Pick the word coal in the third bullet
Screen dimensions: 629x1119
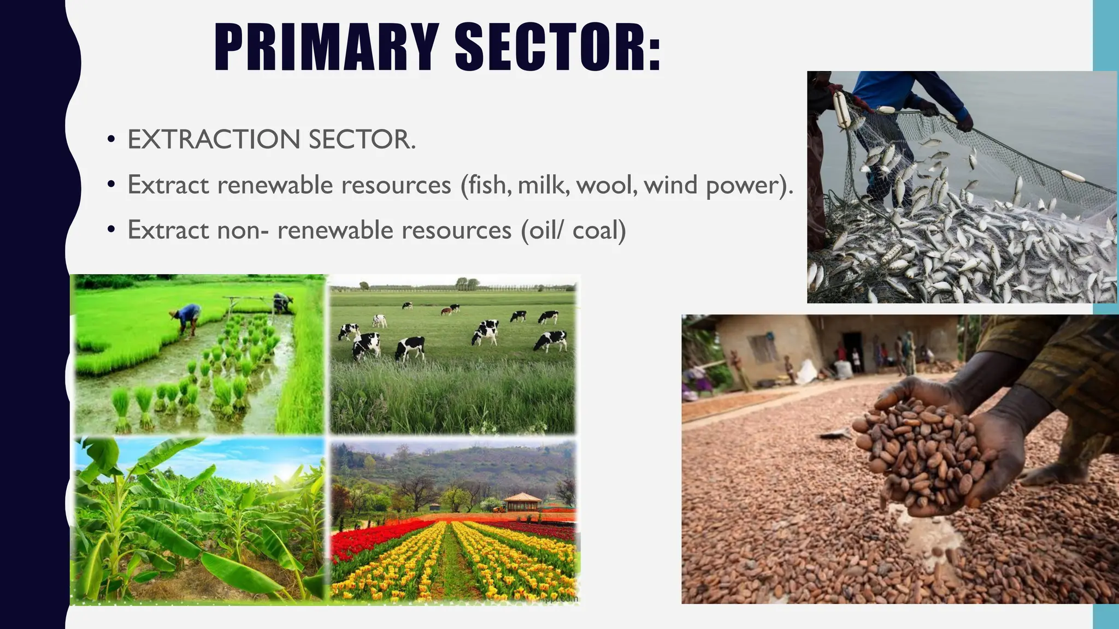tap(599, 230)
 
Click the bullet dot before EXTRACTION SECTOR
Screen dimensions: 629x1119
tap(111, 140)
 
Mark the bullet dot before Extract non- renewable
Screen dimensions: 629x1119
tap(111, 230)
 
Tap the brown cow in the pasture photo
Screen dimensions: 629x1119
tap(447, 311)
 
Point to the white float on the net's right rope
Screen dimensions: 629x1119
tap(1073, 176)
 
